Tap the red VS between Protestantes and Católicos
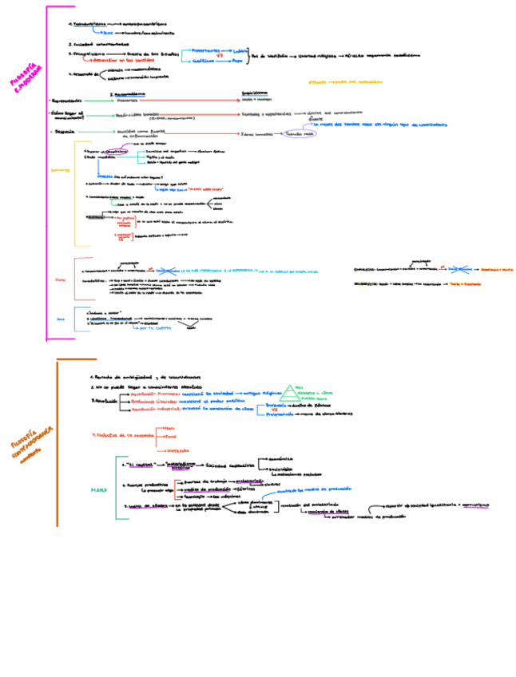(x=230, y=55)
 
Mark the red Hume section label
(x=60, y=279)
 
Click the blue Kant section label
(x=59, y=319)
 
